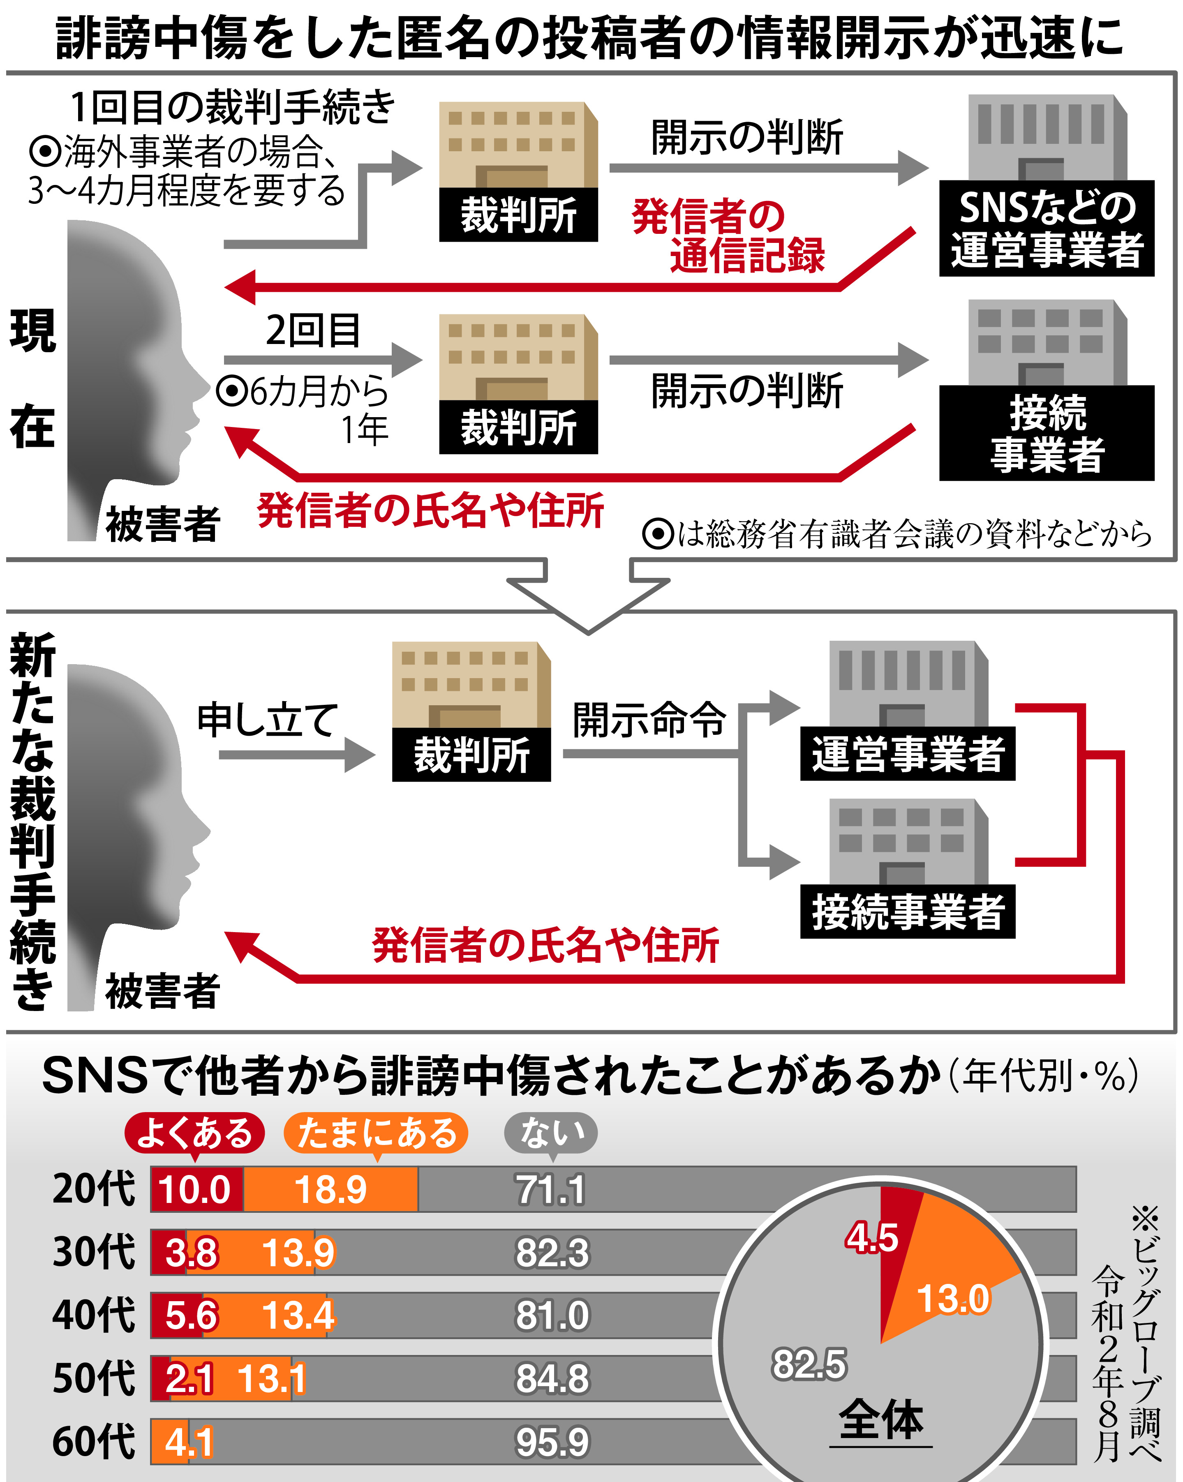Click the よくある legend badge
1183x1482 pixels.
tap(194, 1132)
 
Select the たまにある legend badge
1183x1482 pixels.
tap(376, 1132)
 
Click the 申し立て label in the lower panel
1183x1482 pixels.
tap(268, 720)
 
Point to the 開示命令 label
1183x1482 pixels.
tap(649, 720)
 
